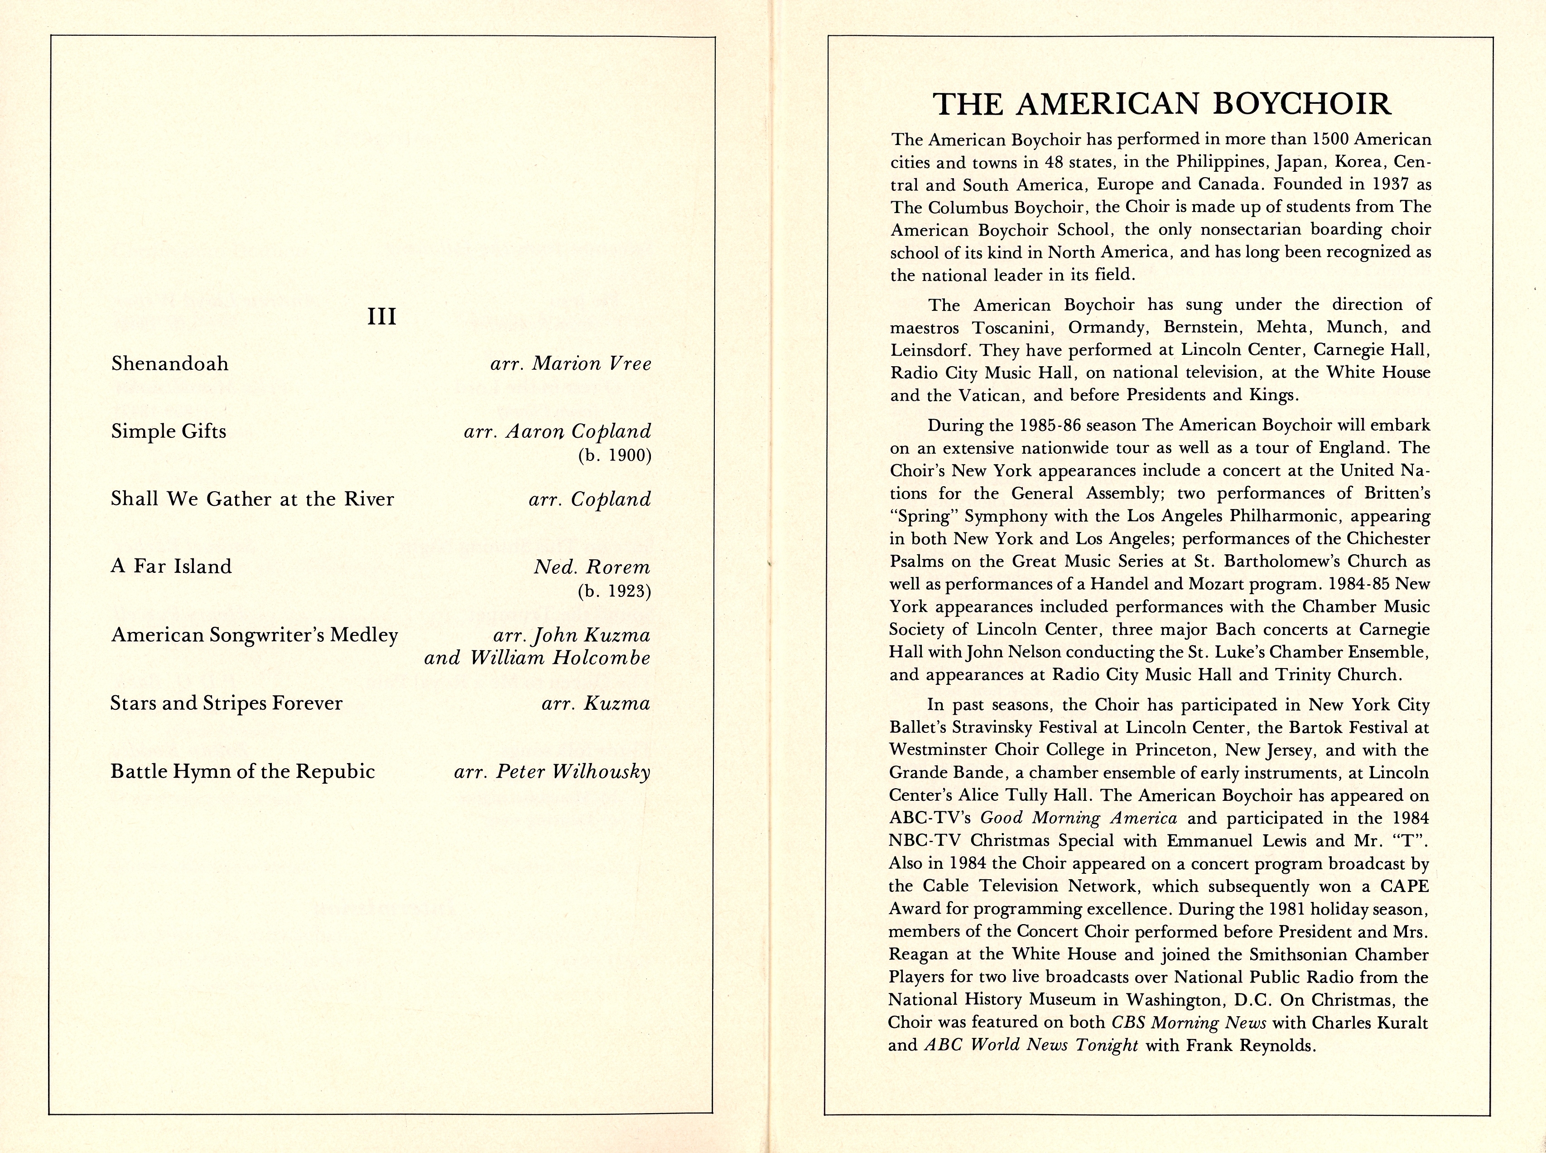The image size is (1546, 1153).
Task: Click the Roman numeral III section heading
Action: click(381, 316)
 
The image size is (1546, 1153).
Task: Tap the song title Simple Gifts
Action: click(169, 431)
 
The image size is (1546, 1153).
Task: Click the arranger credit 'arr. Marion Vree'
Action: click(571, 363)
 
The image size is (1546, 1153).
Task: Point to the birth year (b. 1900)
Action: click(614, 456)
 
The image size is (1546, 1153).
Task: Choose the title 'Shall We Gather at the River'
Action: click(253, 499)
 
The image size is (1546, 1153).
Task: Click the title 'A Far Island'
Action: click(171, 566)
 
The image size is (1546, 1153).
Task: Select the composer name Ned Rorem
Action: click(592, 567)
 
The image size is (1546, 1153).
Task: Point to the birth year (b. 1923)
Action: click(614, 592)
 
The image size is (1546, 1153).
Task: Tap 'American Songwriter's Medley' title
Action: click(255, 635)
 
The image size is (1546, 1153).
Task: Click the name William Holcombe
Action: click(559, 658)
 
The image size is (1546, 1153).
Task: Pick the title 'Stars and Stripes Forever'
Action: click(226, 703)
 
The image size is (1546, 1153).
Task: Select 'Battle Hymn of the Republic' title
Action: click(243, 771)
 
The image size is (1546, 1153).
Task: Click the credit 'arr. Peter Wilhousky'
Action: click(552, 771)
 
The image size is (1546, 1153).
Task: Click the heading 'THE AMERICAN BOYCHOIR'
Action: click(1162, 104)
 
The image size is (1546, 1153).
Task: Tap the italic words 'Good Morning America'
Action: click(1079, 818)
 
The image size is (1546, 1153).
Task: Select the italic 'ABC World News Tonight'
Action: click(1031, 1045)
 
